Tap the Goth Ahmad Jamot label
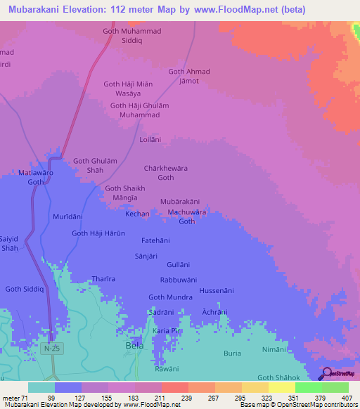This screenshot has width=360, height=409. [x=188, y=77]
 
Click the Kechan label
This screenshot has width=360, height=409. [x=138, y=213]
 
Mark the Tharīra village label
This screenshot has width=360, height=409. [x=103, y=278]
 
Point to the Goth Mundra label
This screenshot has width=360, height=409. [x=170, y=297]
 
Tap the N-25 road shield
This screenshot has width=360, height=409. [x=48, y=349]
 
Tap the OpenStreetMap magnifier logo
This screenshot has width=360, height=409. [x=325, y=374]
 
